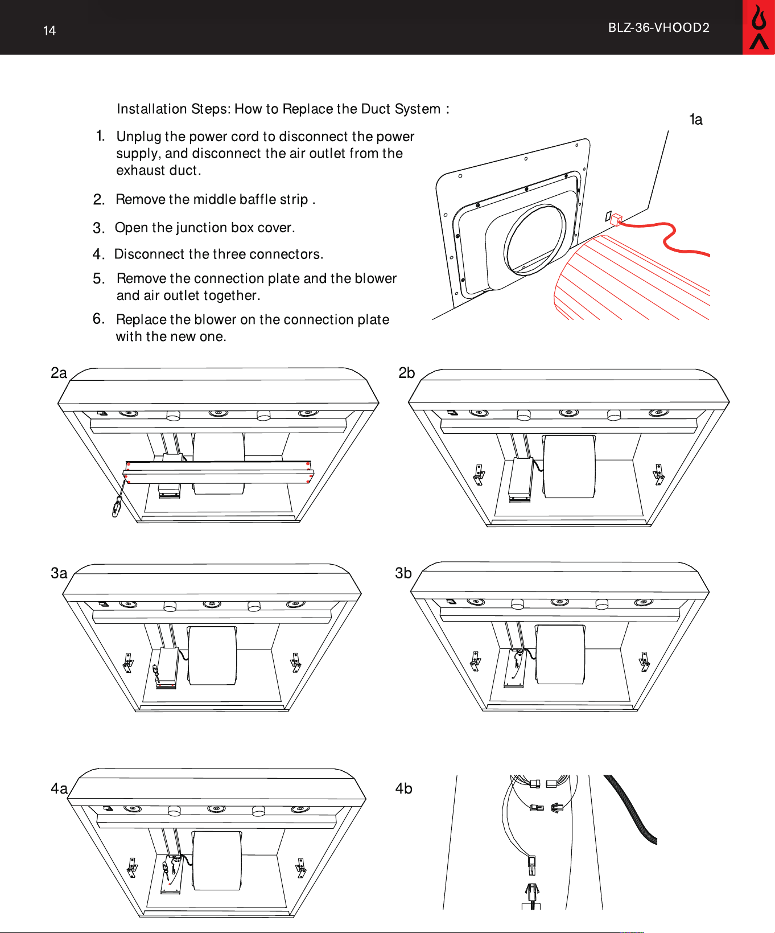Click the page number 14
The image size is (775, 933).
(50, 31)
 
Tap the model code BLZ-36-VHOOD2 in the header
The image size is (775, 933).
(659, 28)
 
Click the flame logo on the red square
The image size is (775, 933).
(758, 27)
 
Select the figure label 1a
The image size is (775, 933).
(696, 120)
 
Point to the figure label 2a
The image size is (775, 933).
(59, 373)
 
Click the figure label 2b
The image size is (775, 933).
(407, 373)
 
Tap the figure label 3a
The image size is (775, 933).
(59, 573)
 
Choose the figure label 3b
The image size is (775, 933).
(403, 573)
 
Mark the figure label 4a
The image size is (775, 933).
(59, 788)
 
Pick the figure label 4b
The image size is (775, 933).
(404, 788)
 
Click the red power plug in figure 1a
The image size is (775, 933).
(616, 219)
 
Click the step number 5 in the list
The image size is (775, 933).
(98, 279)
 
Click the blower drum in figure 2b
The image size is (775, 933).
(570, 467)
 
